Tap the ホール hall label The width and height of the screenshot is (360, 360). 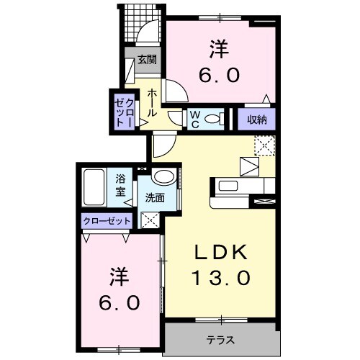click(x=153, y=103)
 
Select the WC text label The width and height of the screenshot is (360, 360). click(x=194, y=118)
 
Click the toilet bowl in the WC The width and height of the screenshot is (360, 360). click(x=213, y=119)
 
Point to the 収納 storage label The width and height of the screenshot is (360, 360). click(x=257, y=119)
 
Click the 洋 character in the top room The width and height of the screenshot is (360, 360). click(x=220, y=50)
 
